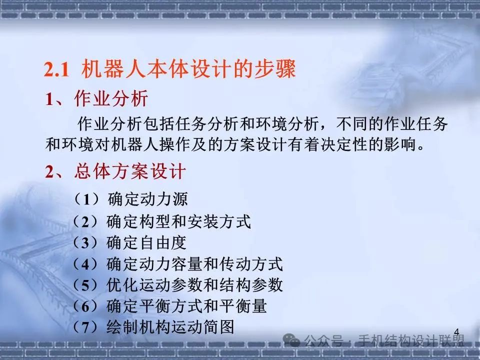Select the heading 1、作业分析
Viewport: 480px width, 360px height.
(x=97, y=99)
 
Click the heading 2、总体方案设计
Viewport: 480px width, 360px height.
(x=115, y=172)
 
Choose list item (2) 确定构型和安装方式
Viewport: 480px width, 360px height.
(x=161, y=221)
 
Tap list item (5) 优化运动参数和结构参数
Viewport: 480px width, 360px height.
(x=177, y=285)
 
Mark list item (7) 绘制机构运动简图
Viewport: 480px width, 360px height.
(x=153, y=327)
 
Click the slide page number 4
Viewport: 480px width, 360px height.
(x=456, y=331)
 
